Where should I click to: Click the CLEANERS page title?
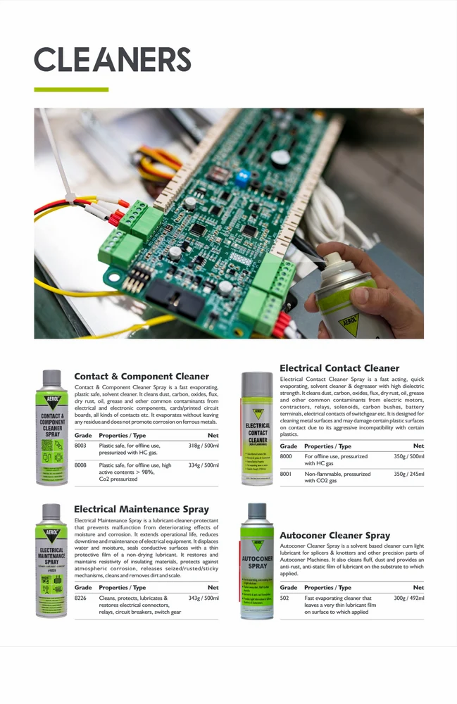[113, 59]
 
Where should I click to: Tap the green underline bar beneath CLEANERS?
[71, 90]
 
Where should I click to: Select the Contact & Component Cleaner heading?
[142, 377]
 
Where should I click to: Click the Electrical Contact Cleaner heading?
[339, 368]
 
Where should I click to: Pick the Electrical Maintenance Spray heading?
[142, 509]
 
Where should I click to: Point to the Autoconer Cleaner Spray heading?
[334, 536]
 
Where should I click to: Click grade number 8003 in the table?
[80, 446]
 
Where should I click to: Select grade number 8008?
[80, 465]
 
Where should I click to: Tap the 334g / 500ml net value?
[204, 465]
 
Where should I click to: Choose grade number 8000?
[286, 457]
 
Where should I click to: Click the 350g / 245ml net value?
[408, 474]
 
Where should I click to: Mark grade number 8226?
[80, 598]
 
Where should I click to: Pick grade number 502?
[284, 598]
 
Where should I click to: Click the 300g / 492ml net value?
[408, 598]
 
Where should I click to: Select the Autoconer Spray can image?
[257, 561]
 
